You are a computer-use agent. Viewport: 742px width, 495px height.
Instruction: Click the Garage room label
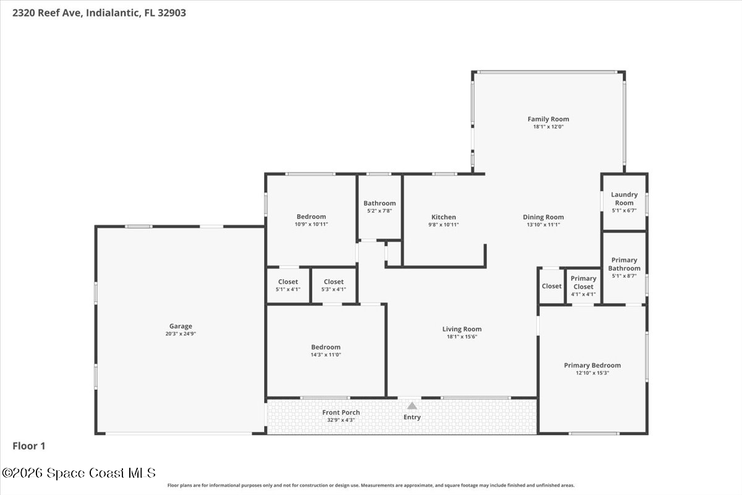(181, 326)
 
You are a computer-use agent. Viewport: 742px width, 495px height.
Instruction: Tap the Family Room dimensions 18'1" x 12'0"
(548, 127)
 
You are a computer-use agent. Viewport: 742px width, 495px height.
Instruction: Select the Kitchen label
(443, 217)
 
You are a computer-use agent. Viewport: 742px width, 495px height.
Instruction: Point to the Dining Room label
(544, 217)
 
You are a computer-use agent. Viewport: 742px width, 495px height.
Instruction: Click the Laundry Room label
(625, 199)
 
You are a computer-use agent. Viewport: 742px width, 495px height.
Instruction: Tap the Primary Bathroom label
(625, 264)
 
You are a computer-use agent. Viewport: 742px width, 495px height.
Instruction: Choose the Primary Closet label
(583, 283)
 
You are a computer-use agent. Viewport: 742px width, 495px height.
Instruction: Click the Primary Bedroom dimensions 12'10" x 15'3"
(592, 373)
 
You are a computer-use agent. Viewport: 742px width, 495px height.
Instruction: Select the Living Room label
(462, 329)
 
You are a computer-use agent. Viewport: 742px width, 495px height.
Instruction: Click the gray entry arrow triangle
(412, 406)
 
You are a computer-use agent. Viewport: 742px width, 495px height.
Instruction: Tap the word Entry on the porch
(412, 417)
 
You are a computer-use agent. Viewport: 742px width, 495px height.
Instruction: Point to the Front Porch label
(341, 413)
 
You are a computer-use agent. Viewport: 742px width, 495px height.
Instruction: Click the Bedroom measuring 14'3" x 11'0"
(326, 347)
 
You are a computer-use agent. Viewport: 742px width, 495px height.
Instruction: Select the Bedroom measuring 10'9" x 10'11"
(311, 217)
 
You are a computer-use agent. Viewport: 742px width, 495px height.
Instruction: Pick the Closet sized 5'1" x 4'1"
(288, 282)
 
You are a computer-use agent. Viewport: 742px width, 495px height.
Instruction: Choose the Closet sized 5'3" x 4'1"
(333, 282)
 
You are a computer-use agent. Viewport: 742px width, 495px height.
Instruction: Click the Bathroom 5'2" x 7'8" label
(380, 203)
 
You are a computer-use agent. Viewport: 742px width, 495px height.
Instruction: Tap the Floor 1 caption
(29, 446)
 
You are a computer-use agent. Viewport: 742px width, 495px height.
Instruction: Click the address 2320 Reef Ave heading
(99, 13)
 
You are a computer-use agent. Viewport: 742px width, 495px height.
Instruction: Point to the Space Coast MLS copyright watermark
(79, 473)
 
